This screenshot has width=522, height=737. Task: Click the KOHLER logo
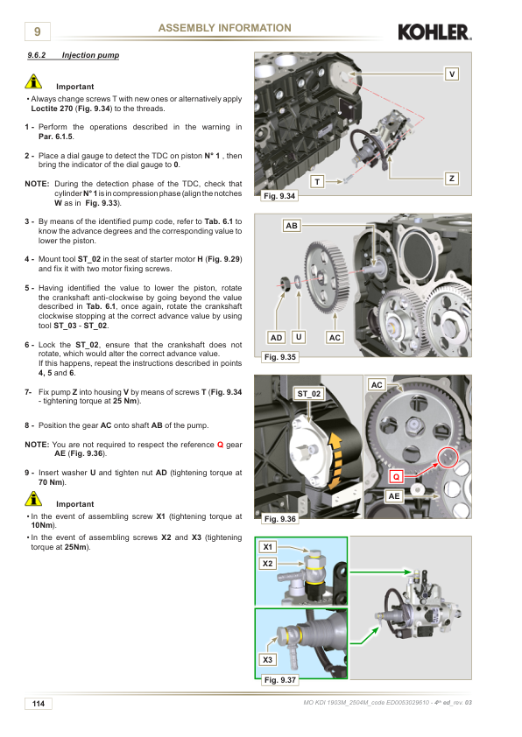(x=434, y=32)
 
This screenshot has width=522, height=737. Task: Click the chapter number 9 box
(x=37, y=32)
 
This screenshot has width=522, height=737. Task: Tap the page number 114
(x=38, y=704)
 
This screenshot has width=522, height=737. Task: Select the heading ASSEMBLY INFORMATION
(x=225, y=28)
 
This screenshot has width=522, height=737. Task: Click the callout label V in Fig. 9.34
(x=452, y=74)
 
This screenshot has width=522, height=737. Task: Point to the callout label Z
(x=452, y=179)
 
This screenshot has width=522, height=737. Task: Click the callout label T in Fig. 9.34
(x=317, y=182)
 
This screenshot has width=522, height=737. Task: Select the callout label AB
(x=292, y=226)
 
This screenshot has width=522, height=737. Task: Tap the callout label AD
(x=277, y=338)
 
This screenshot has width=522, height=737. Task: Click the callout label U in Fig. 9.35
(x=299, y=337)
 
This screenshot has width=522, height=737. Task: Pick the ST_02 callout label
(x=309, y=394)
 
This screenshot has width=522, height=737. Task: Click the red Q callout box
(x=397, y=477)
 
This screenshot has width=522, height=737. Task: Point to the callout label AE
(x=394, y=496)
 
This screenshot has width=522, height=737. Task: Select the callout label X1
(x=268, y=547)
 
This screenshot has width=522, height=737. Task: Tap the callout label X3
(x=268, y=659)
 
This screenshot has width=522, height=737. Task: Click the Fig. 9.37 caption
(x=279, y=679)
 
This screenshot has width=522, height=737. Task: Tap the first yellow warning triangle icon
(x=33, y=81)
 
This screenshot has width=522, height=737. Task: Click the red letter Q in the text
(x=220, y=445)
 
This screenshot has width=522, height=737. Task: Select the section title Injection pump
(x=90, y=55)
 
